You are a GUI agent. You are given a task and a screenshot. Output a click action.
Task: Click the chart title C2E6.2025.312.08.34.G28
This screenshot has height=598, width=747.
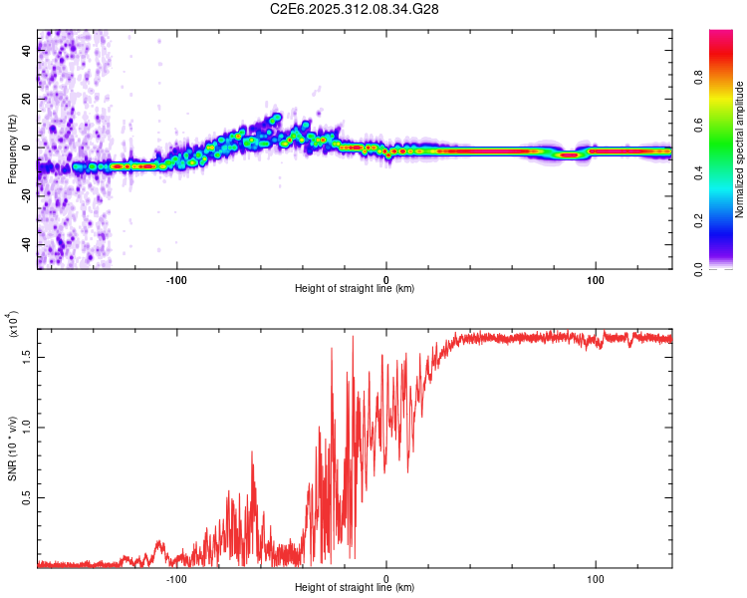click(x=356, y=9)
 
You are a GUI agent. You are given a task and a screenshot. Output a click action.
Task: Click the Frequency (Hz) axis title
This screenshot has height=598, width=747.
click(x=12, y=149)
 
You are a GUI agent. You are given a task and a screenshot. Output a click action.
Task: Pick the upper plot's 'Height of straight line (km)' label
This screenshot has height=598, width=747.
click(x=355, y=288)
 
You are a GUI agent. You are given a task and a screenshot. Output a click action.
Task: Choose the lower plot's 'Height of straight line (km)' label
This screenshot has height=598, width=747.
click(x=355, y=587)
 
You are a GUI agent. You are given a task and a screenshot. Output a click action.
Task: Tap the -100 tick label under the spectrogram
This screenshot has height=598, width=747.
click(x=176, y=278)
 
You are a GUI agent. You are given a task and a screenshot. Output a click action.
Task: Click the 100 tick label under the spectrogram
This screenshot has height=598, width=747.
click(x=596, y=278)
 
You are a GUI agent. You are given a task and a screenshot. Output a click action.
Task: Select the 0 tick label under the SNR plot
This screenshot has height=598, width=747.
click(x=386, y=577)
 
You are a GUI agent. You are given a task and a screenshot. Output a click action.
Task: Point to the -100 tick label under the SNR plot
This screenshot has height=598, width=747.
click(x=176, y=577)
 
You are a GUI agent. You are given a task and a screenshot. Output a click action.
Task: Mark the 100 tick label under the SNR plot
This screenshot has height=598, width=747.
click(x=596, y=577)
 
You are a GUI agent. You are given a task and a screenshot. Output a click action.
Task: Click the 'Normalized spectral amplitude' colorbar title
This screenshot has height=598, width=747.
click(x=740, y=149)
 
